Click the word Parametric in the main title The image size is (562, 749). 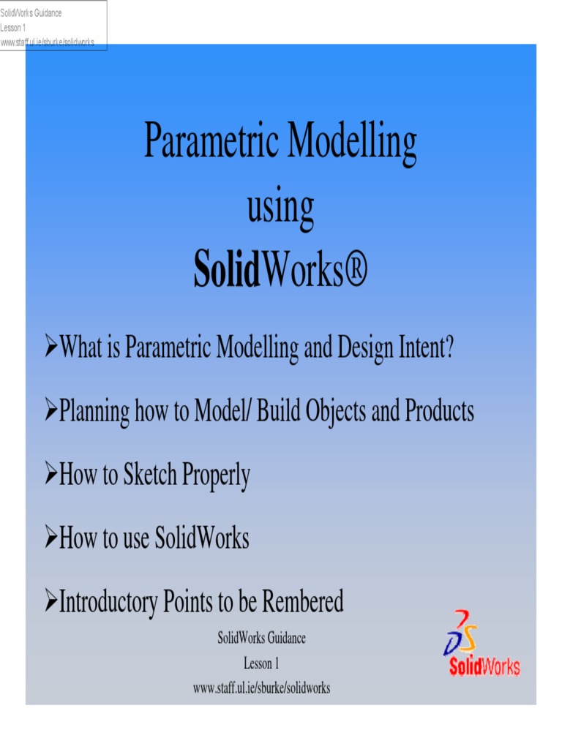coord(210,141)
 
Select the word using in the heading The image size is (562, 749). coord(280,208)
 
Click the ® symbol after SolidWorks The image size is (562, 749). coord(356,271)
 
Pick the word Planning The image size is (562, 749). coord(94,413)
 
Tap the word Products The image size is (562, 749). coord(439,411)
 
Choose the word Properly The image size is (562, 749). coord(216,477)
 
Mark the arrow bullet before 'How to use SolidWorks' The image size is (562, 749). coord(50,538)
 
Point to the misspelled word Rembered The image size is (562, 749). coord(302,603)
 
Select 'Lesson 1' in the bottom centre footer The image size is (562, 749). coord(261,664)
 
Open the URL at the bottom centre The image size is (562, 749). coord(261,688)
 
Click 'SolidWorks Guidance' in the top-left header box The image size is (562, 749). coord(31,13)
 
